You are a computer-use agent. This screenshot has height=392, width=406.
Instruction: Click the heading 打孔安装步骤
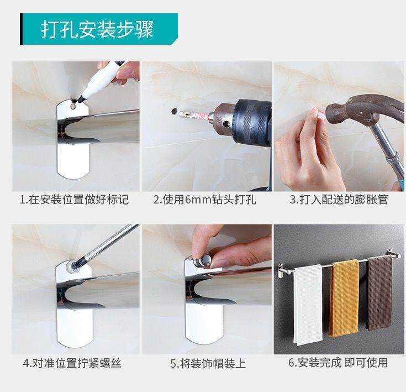pyautogui.click(x=97, y=29)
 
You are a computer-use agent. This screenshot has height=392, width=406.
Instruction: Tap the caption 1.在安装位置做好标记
pyautogui.click(x=75, y=200)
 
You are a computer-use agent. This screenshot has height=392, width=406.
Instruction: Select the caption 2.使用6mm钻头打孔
pyautogui.click(x=204, y=200)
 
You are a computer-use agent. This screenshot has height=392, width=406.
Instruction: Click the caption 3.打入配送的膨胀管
pyautogui.click(x=339, y=200)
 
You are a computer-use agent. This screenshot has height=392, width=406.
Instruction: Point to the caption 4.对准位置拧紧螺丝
pyautogui.click(x=72, y=363)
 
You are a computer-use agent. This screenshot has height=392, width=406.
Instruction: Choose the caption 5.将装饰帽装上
pyautogui.click(x=208, y=363)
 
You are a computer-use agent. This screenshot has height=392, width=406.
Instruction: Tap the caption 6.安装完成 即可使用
pyautogui.click(x=338, y=363)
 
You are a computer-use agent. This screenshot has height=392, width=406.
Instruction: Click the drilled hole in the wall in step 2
pyautogui.click(x=174, y=112)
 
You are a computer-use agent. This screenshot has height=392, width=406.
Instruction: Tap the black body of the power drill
pyautogui.click(x=253, y=122)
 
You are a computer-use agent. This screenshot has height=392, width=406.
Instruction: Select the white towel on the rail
pyautogui.click(x=308, y=305)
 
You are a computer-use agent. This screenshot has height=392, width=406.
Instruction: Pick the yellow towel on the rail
pyautogui.click(x=344, y=298)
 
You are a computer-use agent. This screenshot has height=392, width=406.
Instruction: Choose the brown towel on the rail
pyautogui.click(x=379, y=293)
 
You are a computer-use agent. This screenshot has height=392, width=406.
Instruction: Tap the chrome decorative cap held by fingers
pyautogui.click(x=203, y=260)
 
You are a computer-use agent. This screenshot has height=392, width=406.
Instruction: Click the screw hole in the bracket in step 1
pyautogui.click(x=73, y=107)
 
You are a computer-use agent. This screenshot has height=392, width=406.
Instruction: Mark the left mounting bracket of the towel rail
pyautogui.click(x=282, y=271)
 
